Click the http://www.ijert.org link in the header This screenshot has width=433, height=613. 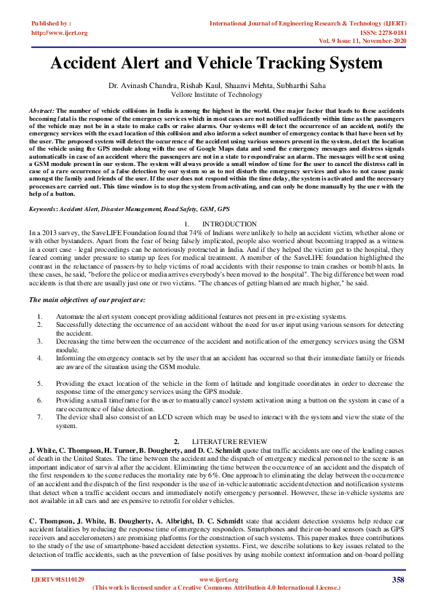point(60,33)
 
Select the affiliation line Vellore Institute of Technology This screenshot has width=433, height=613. point(216,95)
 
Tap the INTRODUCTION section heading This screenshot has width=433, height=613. point(229,223)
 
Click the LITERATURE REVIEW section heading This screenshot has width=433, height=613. point(229,442)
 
